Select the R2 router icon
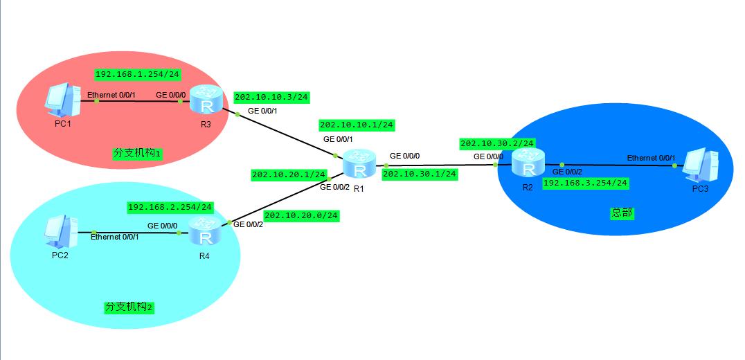click(528, 164)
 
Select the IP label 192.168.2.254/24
click(170, 207)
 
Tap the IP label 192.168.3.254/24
click(585, 183)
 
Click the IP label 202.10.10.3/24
click(271, 97)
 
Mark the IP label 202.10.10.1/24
click(357, 125)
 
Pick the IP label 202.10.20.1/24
click(289, 175)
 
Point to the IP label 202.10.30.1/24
click(420, 174)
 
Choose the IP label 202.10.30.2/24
click(497, 143)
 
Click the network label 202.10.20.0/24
click(301, 215)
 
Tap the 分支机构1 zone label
click(137, 153)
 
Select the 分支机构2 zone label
click(129, 307)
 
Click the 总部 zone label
click(622, 213)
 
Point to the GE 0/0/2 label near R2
click(567, 172)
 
